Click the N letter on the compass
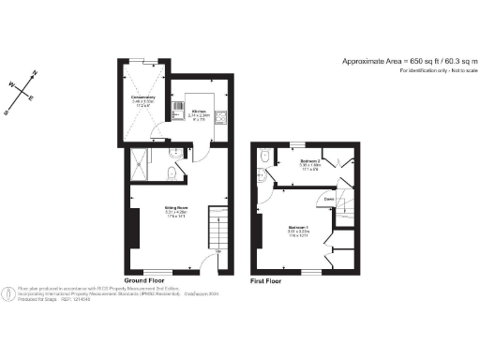coord(35,72)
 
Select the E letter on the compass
coord(30,98)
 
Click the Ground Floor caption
coord(145,279)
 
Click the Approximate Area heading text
coord(407,61)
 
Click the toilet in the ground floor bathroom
coord(164,172)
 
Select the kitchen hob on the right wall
coord(222,116)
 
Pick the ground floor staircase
coord(217,226)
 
